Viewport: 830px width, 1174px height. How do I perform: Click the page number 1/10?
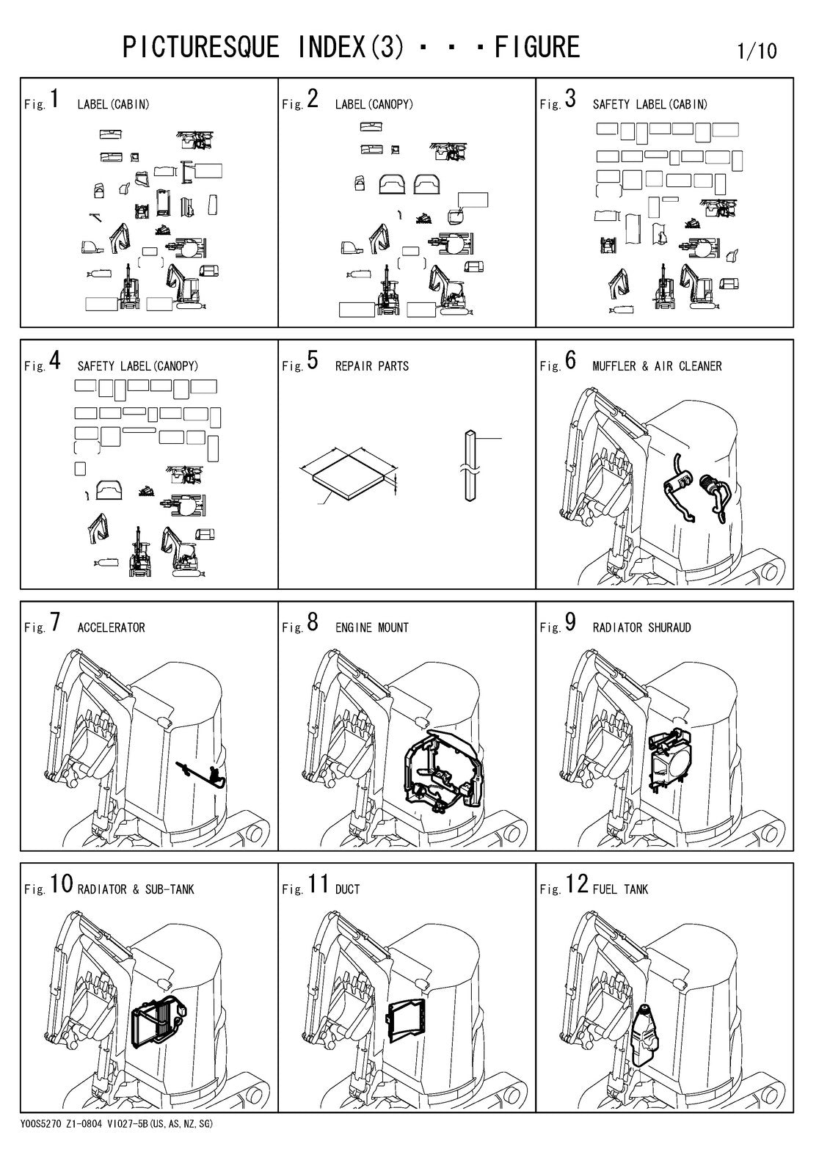(x=757, y=51)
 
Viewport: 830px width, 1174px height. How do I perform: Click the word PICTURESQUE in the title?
(x=201, y=47)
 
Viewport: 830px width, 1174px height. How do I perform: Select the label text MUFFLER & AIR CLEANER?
(x=657, y=366)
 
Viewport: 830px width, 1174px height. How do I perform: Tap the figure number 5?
(x=313, y=360)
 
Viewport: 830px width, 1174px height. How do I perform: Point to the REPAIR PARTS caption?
(x=372, y=366)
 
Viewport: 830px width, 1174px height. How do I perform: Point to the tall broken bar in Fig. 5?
(x=470, y=465)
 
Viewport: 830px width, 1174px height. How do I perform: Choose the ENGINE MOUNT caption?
(x=372, y=627)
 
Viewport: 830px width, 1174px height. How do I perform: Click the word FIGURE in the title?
(x=537, y=47)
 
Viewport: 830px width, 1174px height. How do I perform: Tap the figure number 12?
(x=577, y=883)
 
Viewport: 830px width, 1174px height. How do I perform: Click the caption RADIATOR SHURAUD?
(x=642, y=627)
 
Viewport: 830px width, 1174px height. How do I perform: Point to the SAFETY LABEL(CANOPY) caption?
(x=138, y=366)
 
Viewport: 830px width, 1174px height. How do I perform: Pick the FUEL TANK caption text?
(x=620, y=889)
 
